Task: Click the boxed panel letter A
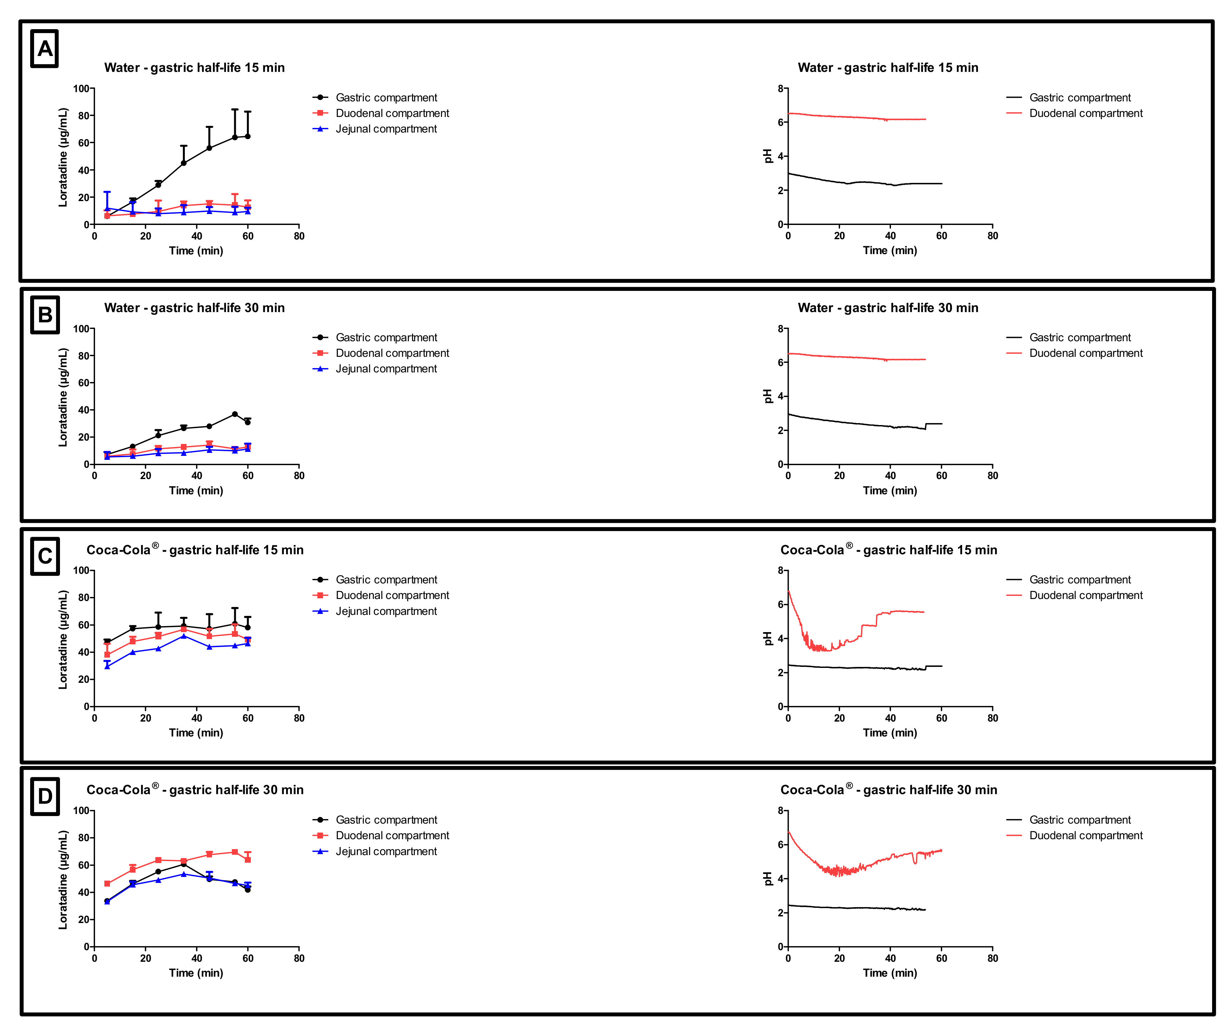click(x=44, y=49)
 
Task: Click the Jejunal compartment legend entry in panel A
click(x=386, y=129)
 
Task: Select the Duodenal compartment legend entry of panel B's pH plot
click(x=1085, y=353)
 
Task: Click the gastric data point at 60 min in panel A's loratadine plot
click(x=248, y=136)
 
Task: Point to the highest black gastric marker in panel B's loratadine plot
click(x=235, y=414)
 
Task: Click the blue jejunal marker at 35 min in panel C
click(x=184, y=636)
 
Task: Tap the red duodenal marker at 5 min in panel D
click(x=107, y=884)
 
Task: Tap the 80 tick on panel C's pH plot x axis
click(x=992, y=718)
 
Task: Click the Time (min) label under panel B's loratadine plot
click(x=196, y=491)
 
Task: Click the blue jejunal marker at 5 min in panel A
click(x=107, y=208)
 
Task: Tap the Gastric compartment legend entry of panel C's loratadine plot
click(x=386, y=580)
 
